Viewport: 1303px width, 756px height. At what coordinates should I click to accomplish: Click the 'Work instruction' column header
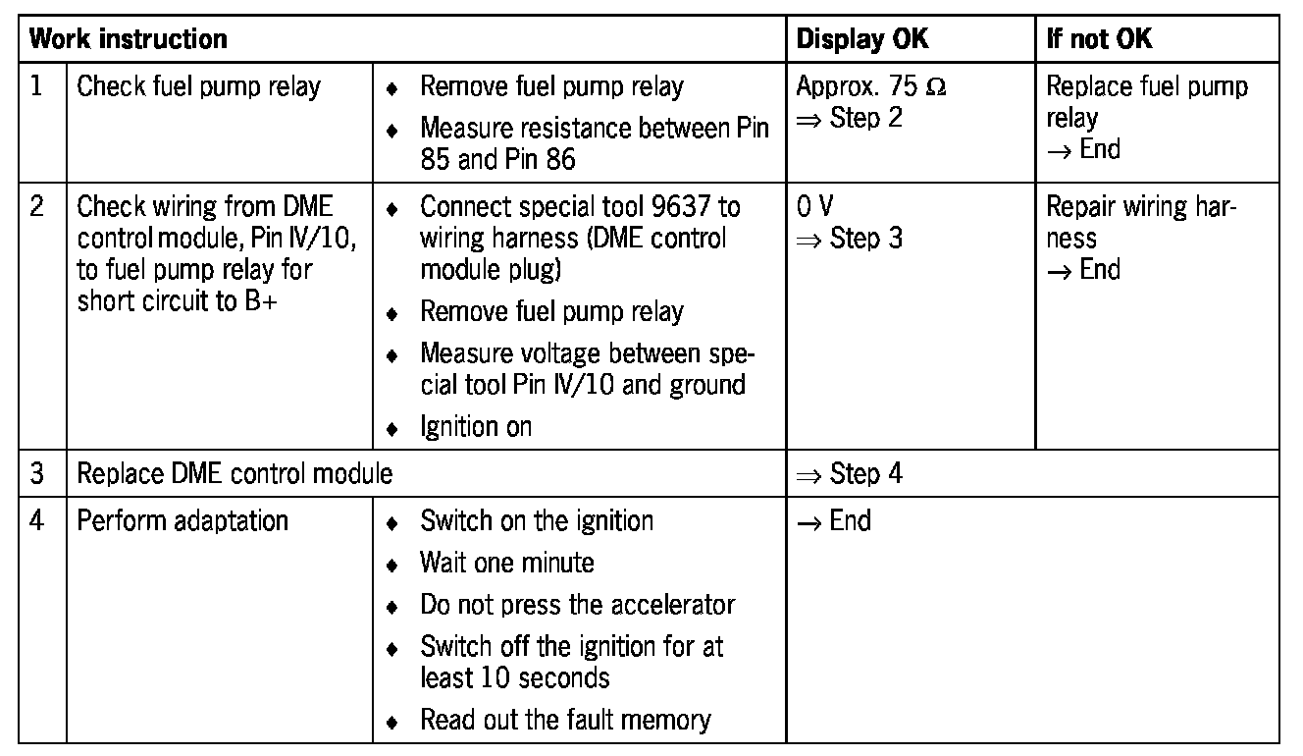point(129,39)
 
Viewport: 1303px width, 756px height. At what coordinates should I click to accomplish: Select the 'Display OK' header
point(862,39)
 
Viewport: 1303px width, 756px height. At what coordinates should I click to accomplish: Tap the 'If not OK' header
point(1100,39)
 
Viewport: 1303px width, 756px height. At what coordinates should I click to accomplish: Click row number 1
point(37,86)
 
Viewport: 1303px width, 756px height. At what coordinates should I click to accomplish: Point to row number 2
point(37,207)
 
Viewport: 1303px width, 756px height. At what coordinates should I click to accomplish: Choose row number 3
point(37,474)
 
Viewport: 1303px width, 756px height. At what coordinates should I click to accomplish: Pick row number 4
point(37,519)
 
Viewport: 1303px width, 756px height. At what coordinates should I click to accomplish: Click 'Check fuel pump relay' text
point(198,86)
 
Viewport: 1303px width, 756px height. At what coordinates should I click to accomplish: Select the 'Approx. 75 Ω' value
point(871,86)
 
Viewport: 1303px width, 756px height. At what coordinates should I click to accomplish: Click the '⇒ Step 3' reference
point(850,239)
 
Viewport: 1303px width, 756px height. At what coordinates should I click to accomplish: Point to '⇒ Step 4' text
point(850,474)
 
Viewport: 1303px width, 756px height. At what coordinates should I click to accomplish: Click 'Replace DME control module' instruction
point(235,474)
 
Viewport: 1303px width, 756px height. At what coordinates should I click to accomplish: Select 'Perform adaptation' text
point(182,519)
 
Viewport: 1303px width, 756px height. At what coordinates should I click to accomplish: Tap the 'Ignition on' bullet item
point(476,427)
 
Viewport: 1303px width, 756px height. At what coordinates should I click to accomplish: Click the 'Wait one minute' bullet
point(506,563)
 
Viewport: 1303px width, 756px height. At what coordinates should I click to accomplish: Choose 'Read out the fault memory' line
point(565,720)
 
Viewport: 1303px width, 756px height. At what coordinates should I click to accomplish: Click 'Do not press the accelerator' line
point(577,605)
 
